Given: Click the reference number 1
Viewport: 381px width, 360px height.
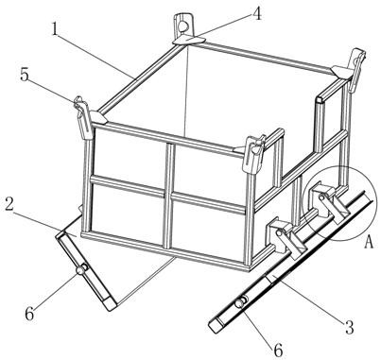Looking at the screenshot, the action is (x=55, y=29).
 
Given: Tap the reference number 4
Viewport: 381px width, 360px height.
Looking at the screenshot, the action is (x=257, y=13).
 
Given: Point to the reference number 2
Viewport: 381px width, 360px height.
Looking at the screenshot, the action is (x=9, y=205).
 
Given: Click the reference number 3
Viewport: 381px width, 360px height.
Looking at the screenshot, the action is (x=349, y=327).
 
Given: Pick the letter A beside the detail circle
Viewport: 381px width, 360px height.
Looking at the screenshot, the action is (x=369, y=243).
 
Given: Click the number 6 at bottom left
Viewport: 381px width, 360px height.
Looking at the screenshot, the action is (x=29, y=314).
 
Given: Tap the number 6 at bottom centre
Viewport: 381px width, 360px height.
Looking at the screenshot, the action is (x=277, y=351).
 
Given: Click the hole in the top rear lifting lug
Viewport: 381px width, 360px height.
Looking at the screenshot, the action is (x=182, y=25).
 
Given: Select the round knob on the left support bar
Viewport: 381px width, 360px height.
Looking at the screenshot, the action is (x=81, y=269).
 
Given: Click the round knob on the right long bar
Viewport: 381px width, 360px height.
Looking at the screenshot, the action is (x=240, y=303).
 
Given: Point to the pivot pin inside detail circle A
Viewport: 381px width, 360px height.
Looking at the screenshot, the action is (x=321, y=197).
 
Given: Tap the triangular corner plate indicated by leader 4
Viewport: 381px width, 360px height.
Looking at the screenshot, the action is (x=189, y=41).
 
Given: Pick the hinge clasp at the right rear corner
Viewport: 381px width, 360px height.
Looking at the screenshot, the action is (x=355, y=68).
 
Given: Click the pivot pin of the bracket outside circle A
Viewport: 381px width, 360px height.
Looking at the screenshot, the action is (x=279, y=233).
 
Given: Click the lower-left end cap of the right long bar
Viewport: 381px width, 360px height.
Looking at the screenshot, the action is (x=216, y=325).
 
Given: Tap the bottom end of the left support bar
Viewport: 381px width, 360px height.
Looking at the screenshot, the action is (x=110, y=304).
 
